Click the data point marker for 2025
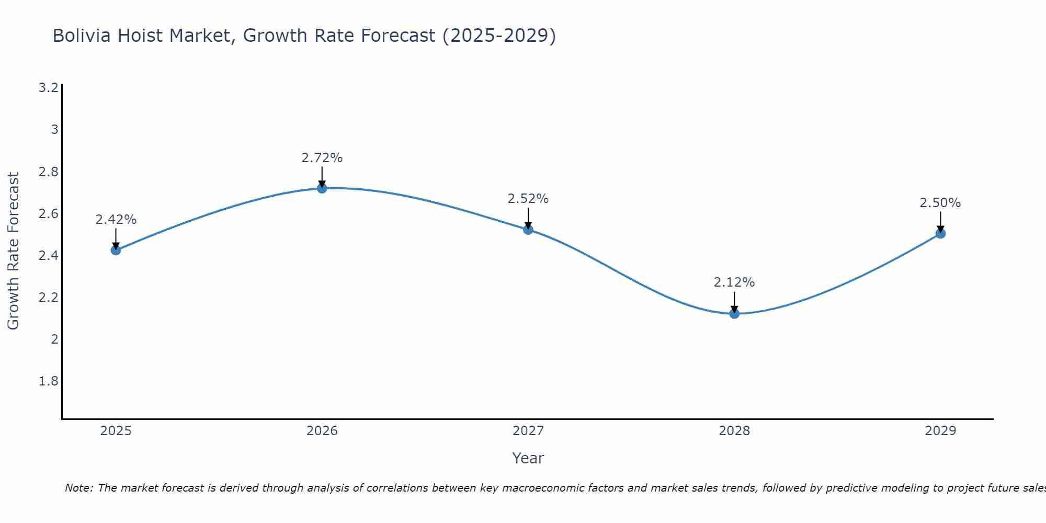116,250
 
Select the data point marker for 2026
322,188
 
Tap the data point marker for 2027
528,230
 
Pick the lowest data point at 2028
734,314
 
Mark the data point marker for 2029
940,234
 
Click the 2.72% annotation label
322,158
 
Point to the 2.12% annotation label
734,282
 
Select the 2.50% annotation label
940,203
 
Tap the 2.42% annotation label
116,220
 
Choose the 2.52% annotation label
528,199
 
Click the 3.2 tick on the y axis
49,88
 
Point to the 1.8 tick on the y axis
49,381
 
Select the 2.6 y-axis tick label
49,214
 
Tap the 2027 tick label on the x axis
528,431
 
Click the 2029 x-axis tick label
940,431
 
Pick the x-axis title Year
528,458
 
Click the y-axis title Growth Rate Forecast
13,251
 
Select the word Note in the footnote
78,488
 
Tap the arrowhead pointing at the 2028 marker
734,309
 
